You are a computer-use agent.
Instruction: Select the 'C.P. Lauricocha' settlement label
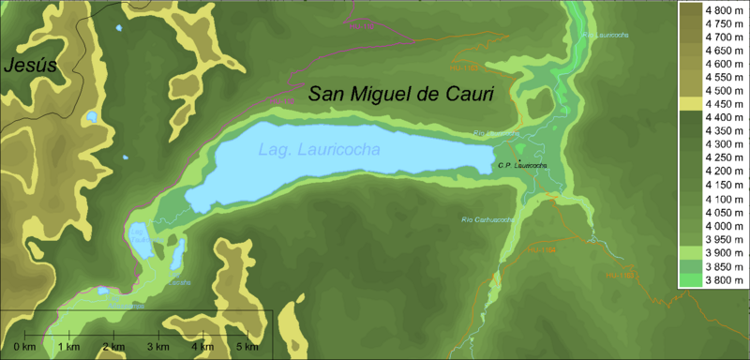522,166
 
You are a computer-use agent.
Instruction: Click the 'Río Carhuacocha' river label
488,219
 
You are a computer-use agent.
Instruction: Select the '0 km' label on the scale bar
25,348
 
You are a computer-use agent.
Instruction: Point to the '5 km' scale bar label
247,348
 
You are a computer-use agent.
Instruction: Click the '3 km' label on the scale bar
158,348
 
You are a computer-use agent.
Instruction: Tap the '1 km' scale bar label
69,348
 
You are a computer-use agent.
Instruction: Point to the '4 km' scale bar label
202,348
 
